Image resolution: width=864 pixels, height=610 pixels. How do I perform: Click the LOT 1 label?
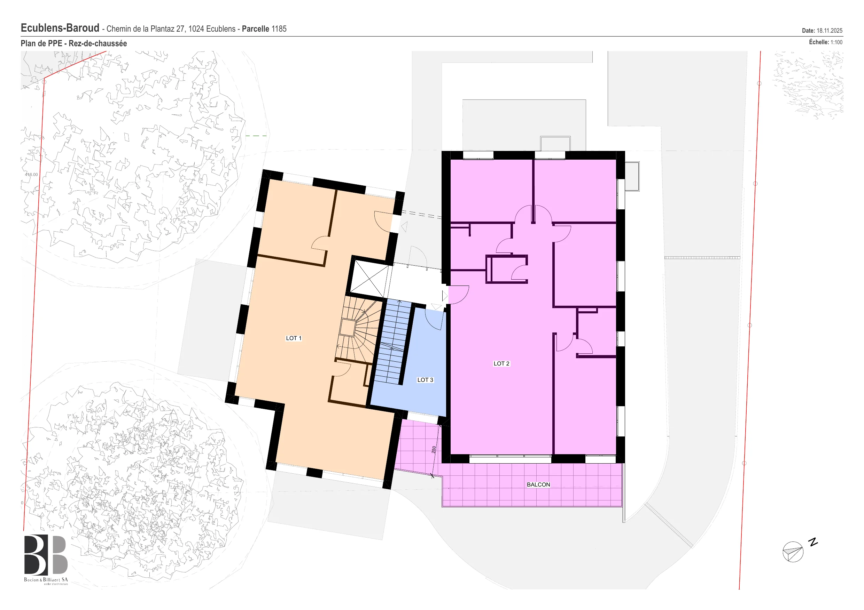[x=294, y=338]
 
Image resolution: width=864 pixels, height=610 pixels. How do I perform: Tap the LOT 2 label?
[x=501, y=363]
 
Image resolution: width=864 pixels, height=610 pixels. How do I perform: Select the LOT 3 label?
[x=425, y=380]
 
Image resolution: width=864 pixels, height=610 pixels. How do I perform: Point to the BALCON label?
[x=538, y=484]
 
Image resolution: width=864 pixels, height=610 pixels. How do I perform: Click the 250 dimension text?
[x=434, y=450]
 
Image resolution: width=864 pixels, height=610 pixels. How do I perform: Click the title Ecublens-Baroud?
[x=60, y=28]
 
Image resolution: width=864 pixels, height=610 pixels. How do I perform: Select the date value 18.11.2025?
[x=830, y=31]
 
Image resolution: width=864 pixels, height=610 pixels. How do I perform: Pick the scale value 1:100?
[x=836, y=42]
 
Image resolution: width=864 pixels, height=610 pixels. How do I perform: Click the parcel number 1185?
[x=279, y=29]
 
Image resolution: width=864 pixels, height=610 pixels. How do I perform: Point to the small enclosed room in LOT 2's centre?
[x=506, y=269]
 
